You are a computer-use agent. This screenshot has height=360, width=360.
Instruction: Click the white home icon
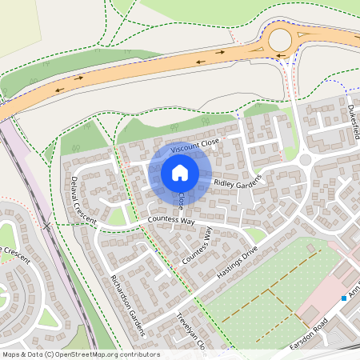[x=180, y=172]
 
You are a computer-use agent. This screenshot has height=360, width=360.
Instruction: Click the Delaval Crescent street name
[x=82, y=200]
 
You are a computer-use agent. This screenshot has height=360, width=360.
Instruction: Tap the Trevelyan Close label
[x=191, y=332]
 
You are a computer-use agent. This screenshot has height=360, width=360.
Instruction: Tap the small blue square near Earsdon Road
[x=344, y=298]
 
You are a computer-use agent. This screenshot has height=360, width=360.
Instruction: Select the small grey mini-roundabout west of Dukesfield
[x=305, y=160]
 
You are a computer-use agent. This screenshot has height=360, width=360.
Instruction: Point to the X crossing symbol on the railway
[x=47, y=227]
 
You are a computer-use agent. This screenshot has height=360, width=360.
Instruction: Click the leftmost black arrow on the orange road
[x=58, y=89]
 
